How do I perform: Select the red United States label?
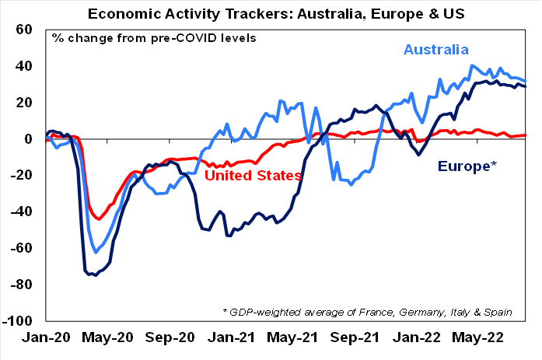tap(253, 176)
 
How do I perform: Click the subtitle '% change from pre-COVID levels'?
tap(154, 38)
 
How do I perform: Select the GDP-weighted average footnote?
tap(367, 312)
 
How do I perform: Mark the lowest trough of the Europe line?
tap(95, 275)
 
